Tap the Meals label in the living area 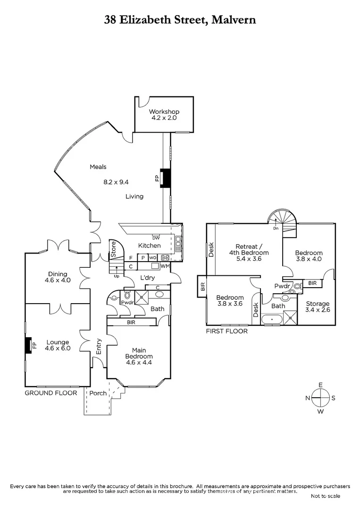click(x=99, y=167)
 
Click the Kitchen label click(x=149, y=246)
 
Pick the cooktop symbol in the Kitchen click(x=166, y=257)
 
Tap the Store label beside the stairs click(x=113, y=247)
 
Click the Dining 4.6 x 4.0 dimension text click(x=57, y=280)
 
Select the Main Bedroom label click(x=139, y=353)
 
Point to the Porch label click(x=98, y=393)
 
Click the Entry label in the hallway click(x=99, y=346)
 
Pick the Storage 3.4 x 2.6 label click(x=318, y=306)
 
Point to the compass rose click(x=320, y=398)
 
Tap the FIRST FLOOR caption click(x=226, y=331)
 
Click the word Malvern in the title click(x=234, y=20)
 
